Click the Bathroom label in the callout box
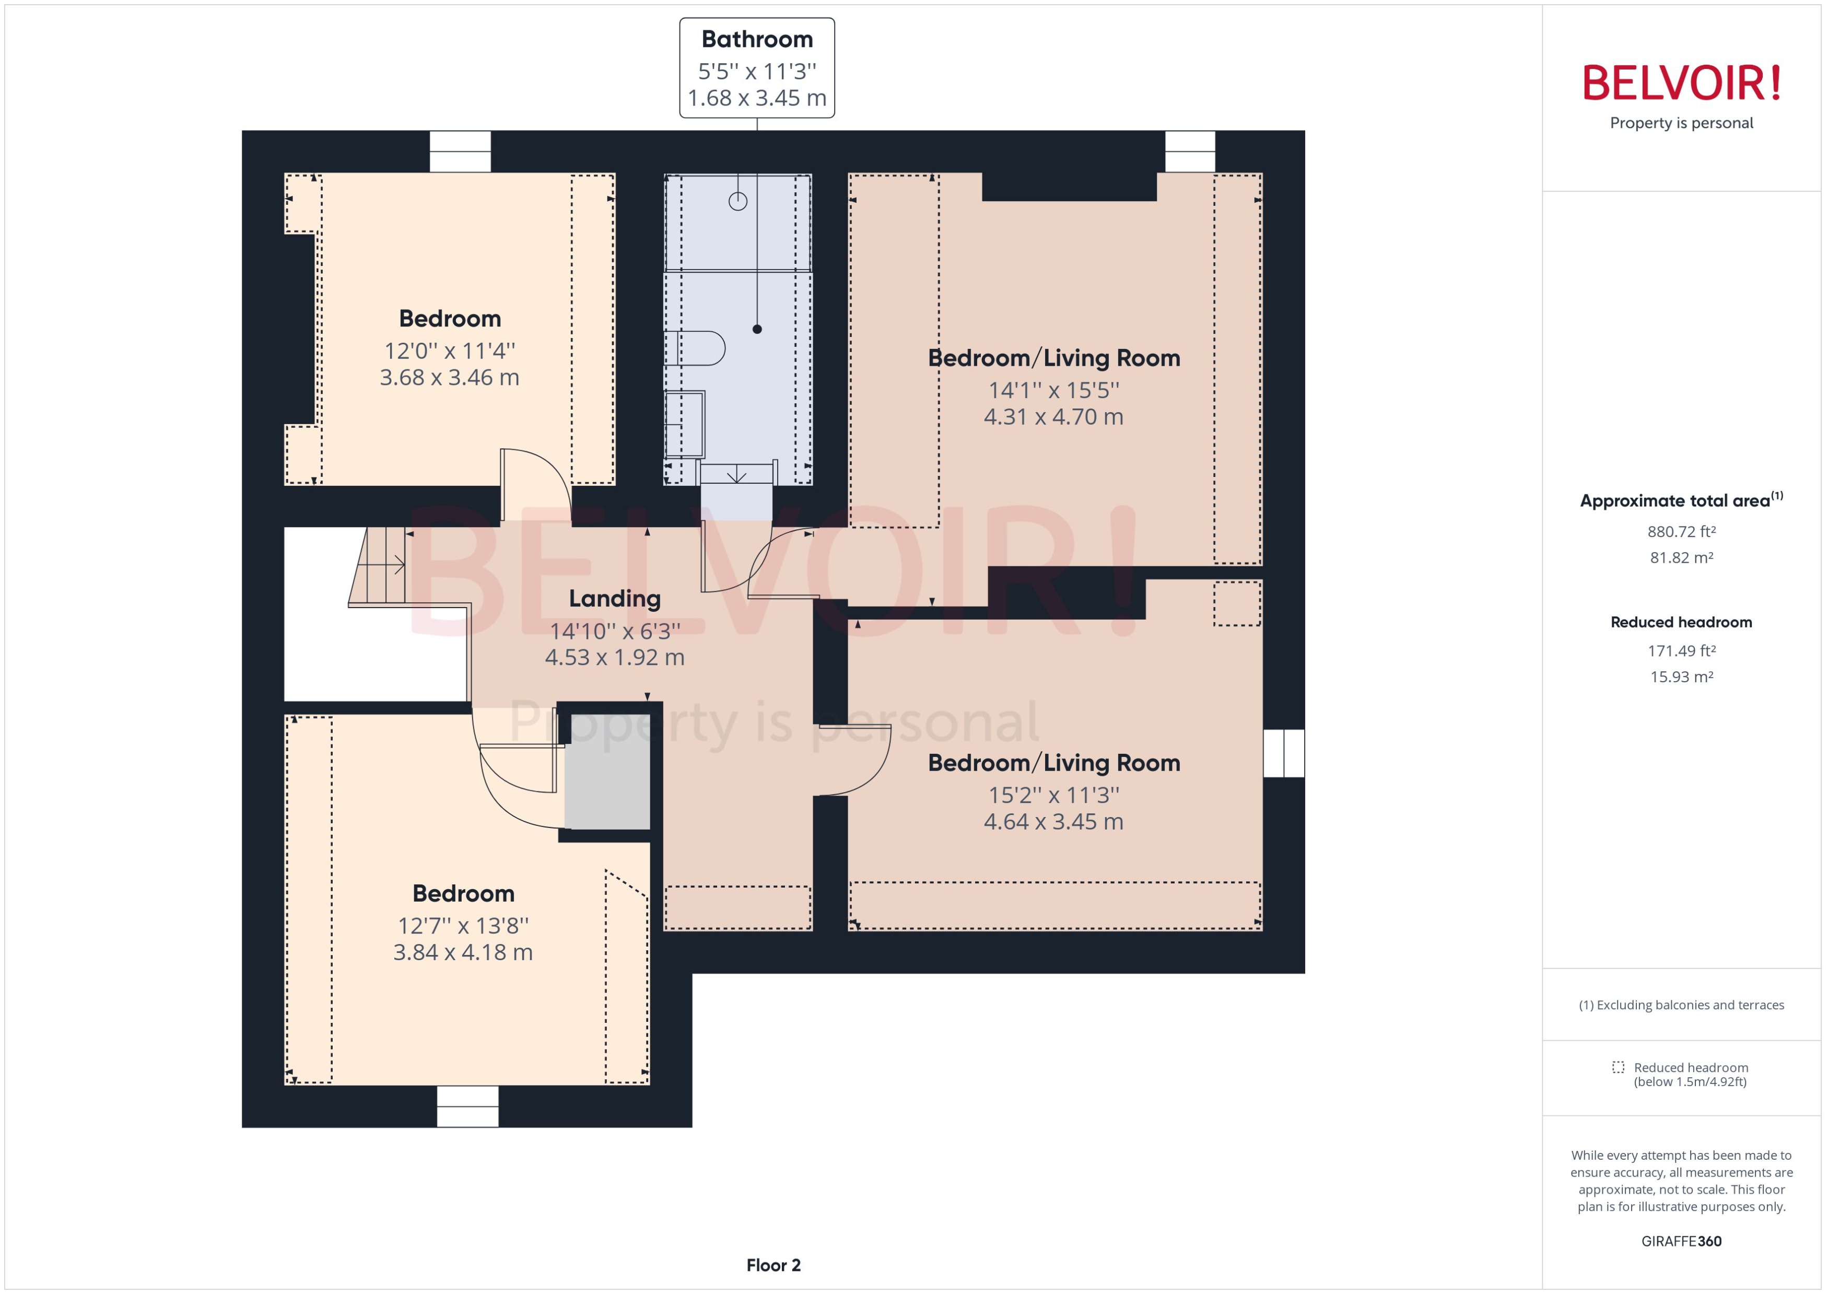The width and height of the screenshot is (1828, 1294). (x=757, y=39)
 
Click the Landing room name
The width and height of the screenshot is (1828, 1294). (x=614, y=598)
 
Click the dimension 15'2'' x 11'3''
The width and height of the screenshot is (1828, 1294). (x=1053, y=795)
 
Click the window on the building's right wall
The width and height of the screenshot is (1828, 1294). (x=1283, y=753)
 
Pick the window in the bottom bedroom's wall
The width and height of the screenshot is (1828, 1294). (x=467, y=1105)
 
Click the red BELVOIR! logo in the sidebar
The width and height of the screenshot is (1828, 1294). (x=1681, y=84)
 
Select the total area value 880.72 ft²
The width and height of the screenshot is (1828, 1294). (x=1681, y=531)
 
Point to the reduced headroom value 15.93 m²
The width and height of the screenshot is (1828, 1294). (x=1681, y=677)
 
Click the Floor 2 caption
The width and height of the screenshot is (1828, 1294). (x=772, y=1265)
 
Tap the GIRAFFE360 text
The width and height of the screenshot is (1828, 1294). (x=1681, y=1241)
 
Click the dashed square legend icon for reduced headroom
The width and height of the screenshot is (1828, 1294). (x=1618, y=1067)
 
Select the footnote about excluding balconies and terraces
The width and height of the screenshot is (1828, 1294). (x=1681, y=1005)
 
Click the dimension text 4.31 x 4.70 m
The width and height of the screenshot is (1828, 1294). (x=1053, y=417)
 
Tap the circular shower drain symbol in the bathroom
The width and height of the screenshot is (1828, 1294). (x=737, y=201)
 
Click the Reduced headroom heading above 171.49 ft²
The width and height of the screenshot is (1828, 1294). (x=1681, y=622)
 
